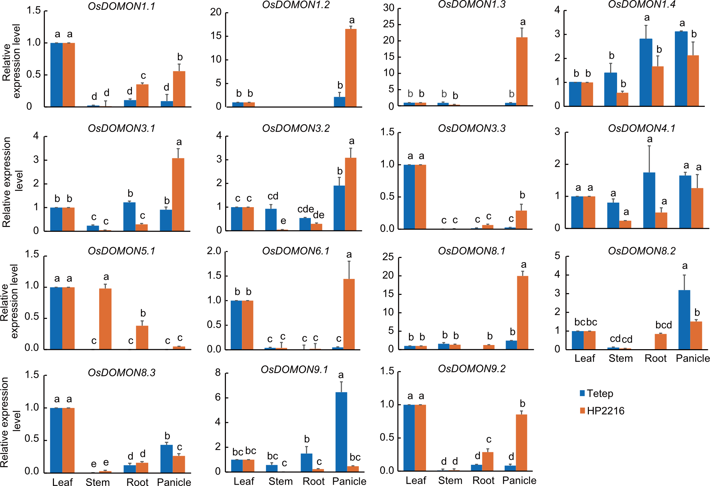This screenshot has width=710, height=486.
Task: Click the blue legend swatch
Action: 582,393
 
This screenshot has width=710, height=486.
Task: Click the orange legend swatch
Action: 582,410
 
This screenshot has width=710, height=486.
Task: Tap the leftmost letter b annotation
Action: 410,94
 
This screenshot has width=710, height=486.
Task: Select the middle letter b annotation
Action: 444,94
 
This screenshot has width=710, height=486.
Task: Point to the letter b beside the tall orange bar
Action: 512,94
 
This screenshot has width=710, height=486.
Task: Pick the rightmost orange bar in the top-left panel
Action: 179,89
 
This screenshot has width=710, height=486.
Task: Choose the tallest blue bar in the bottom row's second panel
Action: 341,432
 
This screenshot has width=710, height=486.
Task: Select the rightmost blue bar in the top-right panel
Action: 681,69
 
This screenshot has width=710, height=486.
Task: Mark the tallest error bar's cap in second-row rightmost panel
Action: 649,146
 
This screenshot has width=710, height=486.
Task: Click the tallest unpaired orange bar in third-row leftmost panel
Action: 105,319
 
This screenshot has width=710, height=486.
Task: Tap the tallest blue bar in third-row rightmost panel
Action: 684,320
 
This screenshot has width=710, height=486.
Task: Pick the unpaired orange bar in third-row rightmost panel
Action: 661,342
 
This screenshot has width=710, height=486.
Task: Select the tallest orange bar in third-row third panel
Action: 522,312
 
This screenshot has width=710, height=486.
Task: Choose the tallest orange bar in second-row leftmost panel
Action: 178,194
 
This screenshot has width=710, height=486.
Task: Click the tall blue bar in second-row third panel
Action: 409,197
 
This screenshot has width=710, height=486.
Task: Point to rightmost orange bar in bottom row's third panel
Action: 521,442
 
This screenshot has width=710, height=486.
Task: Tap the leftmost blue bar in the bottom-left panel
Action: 56,440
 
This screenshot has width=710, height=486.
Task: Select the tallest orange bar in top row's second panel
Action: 351,68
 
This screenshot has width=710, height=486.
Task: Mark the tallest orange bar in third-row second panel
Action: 349,314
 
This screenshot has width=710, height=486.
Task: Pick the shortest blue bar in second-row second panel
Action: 305,224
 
